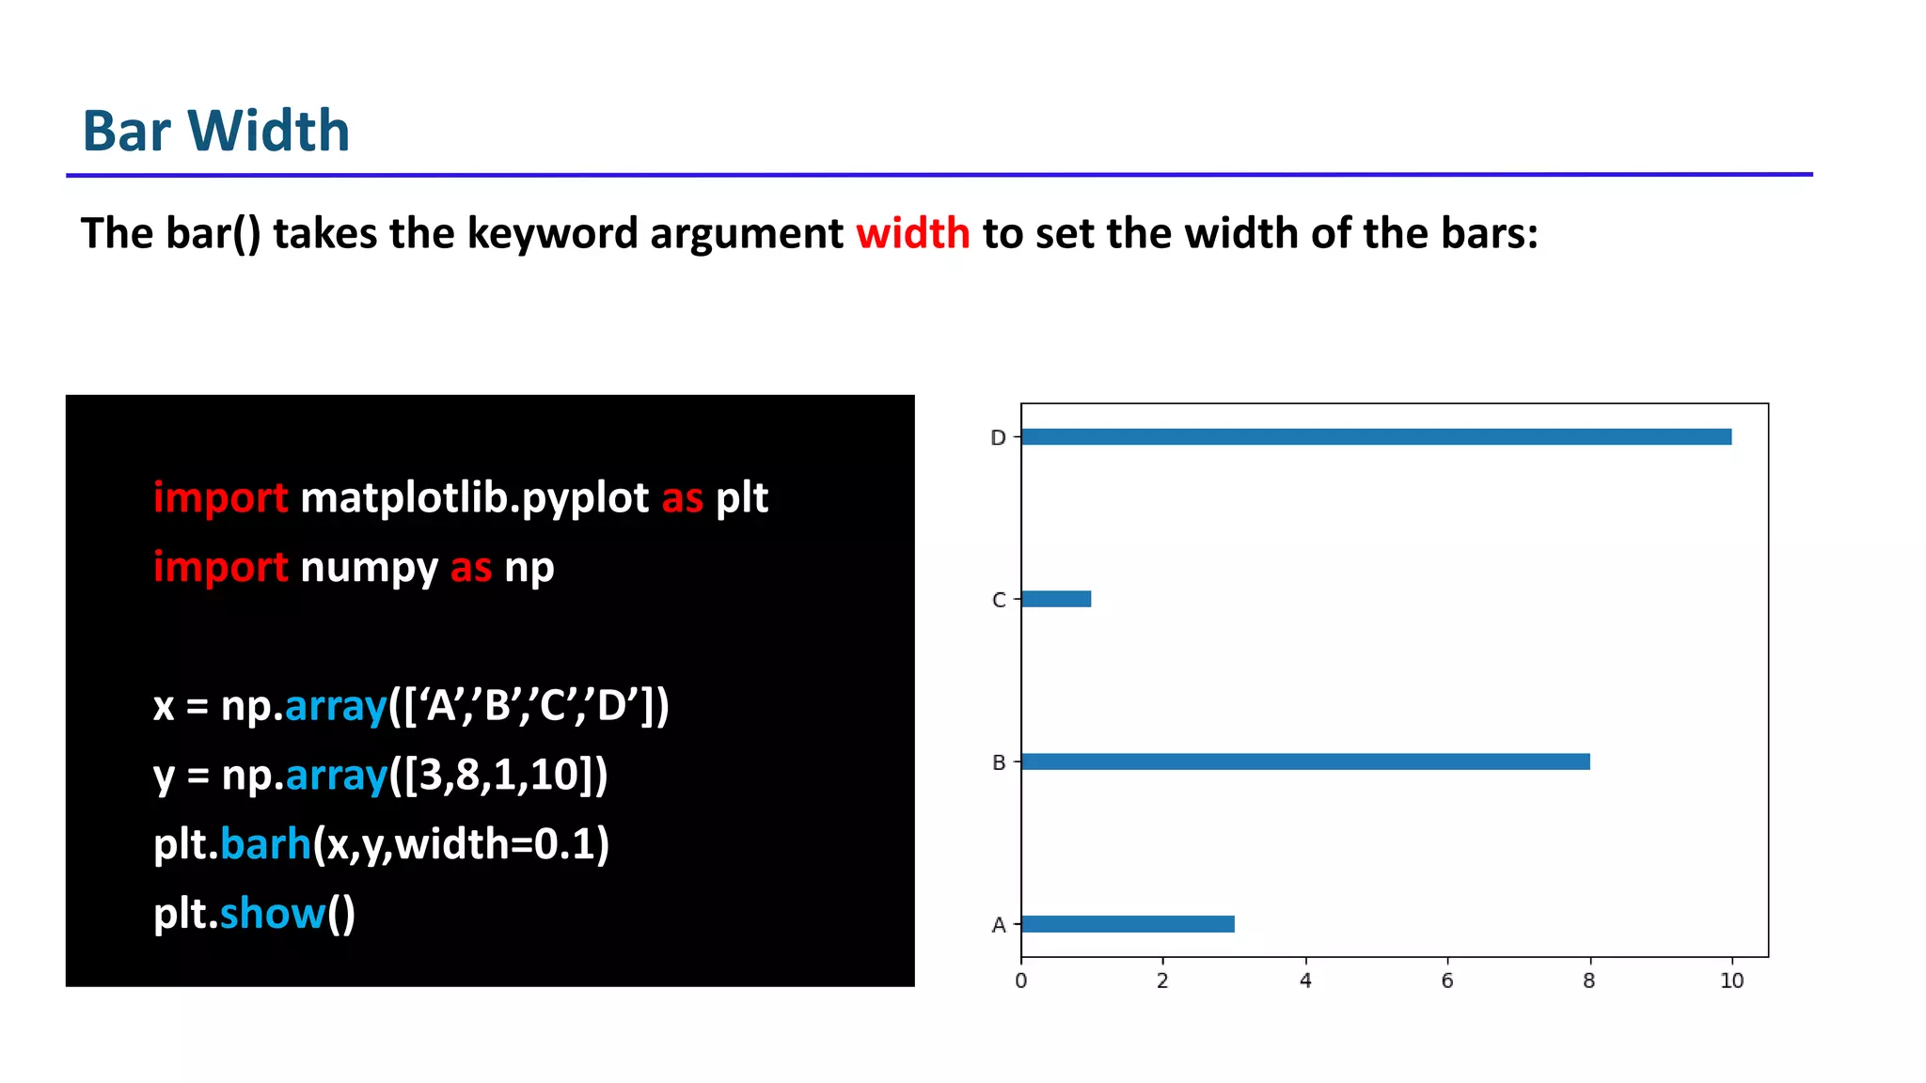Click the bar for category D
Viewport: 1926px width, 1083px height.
coord(1376,437)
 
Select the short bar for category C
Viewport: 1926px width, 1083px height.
coord(1056,599)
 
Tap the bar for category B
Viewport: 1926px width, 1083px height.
coord(1305,761)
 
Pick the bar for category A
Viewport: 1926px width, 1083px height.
coord(1128,924)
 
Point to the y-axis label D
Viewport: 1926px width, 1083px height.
coord(998,438)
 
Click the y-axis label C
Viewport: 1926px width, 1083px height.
coord(999,601)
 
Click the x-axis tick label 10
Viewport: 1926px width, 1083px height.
coord(1731,981)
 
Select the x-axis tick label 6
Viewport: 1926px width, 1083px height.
coord(1447,981)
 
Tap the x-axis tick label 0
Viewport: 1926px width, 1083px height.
coord(1021,981)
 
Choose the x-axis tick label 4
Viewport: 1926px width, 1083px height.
coord(1305,981)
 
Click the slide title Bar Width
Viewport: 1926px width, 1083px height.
coord(216,131)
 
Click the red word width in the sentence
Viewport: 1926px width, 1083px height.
coord(912,233)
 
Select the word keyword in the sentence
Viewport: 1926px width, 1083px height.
coord(552,233)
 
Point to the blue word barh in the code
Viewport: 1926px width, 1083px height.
coord(265,844)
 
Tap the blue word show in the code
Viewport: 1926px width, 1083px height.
coord(272,914)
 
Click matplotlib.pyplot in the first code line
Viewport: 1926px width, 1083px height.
coord(474,498)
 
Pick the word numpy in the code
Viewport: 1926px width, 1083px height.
coord(369,568)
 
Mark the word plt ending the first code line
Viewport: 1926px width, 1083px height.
coord(742,498)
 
